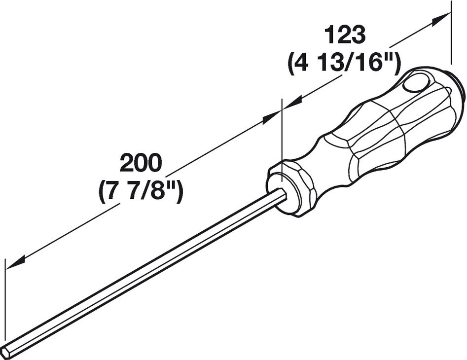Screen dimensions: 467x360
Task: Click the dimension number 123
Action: tap(345, 35)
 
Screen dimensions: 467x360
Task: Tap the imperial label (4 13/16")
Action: tap(344, 63)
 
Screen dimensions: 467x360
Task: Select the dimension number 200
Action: tap(141, 163)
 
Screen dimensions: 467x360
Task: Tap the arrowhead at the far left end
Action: tap(15, 261)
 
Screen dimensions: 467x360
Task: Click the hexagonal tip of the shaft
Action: tap(6, 351)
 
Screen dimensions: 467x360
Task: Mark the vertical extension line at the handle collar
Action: tap(282, 140)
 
